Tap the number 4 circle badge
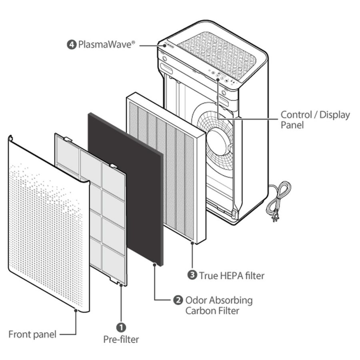[72, 44]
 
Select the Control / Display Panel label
[315, 120]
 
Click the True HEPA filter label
[232, 275]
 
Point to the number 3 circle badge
[192, 275]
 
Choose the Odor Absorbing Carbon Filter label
[218, 305]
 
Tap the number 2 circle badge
[178, 300]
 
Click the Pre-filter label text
[121, 340]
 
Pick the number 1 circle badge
[121, 327]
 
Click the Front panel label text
[32, 334]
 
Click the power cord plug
[276, 218]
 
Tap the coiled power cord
[280, 196]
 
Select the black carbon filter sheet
[125, 188]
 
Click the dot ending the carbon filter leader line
[155, 264]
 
